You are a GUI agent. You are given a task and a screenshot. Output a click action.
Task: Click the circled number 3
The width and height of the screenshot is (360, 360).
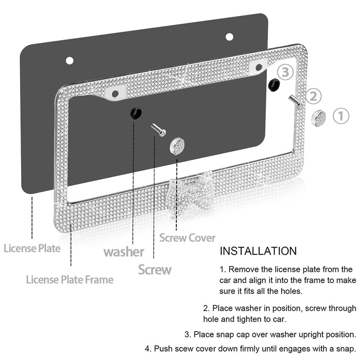tap(285, 72)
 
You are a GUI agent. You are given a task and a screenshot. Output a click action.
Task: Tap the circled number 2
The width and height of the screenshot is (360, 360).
tap(313, 96)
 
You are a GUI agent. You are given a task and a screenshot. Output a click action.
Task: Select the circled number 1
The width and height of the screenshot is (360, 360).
tap(341, 116)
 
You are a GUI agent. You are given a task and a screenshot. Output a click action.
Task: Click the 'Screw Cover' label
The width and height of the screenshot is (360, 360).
tap(187, 238)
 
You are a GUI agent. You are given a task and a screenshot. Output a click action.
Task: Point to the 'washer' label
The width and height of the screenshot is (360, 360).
tap(124, 252)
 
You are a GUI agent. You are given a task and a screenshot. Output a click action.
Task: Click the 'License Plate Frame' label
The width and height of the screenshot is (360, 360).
tap(70, 279)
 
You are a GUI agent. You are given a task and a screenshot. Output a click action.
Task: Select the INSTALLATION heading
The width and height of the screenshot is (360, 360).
tap(258, 251)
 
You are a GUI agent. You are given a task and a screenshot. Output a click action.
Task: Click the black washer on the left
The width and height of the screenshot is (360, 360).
tap(136, 112)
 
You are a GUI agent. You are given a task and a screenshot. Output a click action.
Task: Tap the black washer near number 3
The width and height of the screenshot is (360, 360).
tap(274, 85)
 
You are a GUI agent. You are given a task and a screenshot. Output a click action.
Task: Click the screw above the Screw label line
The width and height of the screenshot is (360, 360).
tap(159, 130)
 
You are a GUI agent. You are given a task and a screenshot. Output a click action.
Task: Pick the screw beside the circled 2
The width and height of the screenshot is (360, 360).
tap(295, 100)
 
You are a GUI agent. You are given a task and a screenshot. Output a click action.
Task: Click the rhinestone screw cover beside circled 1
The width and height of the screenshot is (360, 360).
tap(319, 118)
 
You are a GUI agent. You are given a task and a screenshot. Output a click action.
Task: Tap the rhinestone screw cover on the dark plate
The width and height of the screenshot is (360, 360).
tap(177, 146)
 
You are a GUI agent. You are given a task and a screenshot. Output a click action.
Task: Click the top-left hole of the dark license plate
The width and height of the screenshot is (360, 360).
tap(70, 61)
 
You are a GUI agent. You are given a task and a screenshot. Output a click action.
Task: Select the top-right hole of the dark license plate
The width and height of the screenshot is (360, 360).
tap(229, 37)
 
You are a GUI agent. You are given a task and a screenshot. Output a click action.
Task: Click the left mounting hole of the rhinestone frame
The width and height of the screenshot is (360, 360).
tap(115, 94)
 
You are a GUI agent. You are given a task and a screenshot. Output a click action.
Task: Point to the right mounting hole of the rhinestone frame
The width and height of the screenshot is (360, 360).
tap(259, 67)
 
